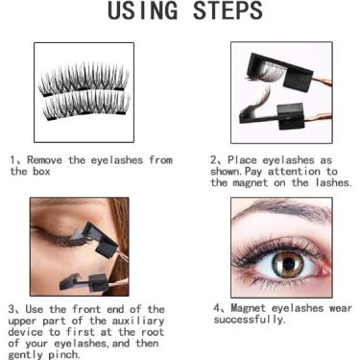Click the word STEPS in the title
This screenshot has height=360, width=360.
pos(228,11)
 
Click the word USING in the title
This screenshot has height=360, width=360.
pos(142,11)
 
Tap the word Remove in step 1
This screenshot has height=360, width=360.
pos(44,159)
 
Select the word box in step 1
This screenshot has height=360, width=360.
pos(41,171)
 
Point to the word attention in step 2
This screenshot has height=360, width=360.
pos(294,171)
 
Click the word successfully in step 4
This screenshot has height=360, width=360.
pos(250,320)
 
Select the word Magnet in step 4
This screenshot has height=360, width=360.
pos(249,308)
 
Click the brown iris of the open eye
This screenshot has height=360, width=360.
pos(288,264)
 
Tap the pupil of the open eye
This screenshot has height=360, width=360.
pos(288,263)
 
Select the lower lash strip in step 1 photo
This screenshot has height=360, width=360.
pos(86,105)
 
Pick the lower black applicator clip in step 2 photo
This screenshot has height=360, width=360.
pos(272,117)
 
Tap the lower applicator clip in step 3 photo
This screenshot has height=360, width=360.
pos(84,282)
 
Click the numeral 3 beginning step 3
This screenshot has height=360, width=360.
pos(12,309)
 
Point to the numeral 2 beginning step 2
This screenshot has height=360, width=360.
pos(214,159)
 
